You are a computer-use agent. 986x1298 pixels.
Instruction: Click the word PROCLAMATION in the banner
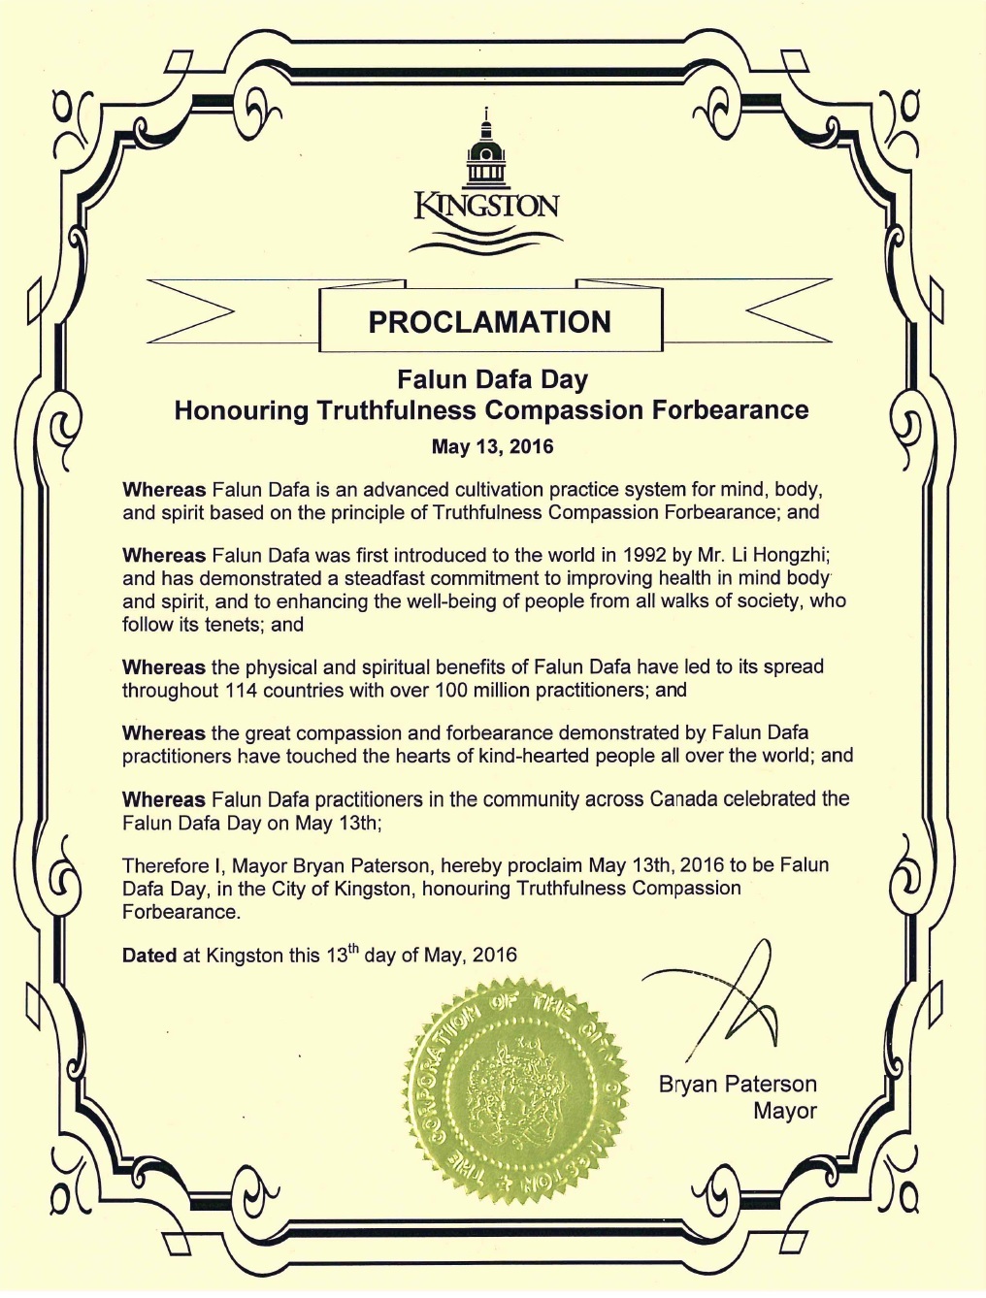(x=489, y=322)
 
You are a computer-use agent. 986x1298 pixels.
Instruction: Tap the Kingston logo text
(x=486, y=207)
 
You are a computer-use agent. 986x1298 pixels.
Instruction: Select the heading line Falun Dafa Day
(x=492, y=379)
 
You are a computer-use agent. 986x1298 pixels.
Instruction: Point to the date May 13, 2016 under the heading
(x=492, y=446)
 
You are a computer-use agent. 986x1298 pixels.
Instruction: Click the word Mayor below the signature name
(x=784, y=1111)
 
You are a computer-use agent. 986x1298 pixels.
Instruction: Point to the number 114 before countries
(x=243, y=690)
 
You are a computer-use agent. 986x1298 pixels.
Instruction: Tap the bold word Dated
(x=149, y=956)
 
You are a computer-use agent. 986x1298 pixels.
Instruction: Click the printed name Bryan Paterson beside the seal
(x=738, y=1084)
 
